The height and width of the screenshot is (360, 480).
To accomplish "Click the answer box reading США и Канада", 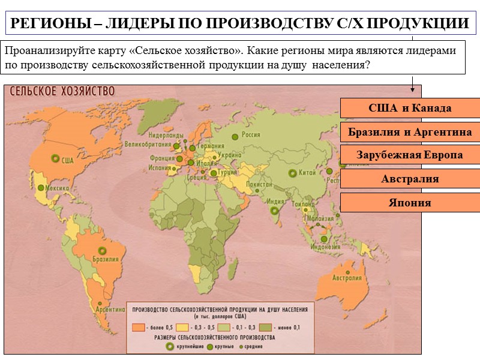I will point(410,108).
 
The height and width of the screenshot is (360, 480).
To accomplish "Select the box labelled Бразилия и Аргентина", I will point(410,131).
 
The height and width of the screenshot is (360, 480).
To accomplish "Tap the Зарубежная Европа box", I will point(410,155).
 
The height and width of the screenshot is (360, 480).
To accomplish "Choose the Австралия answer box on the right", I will point(410,179).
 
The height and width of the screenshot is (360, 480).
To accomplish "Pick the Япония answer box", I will point(410,203).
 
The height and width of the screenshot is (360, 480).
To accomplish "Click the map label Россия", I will point(251,136).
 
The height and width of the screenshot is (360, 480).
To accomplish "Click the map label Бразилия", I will point(105,260).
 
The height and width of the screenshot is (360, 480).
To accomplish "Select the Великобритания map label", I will point(147,145).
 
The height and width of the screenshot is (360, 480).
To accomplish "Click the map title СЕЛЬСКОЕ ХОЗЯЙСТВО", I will point(61,91).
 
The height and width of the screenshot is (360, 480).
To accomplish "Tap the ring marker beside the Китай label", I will point(292,173).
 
